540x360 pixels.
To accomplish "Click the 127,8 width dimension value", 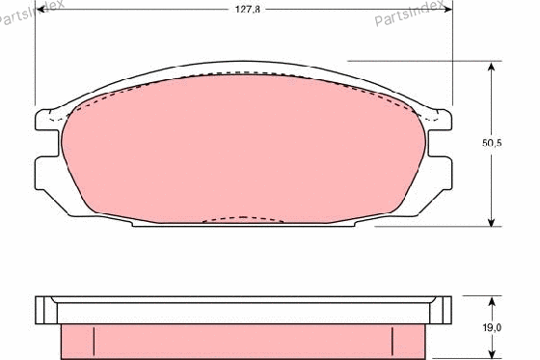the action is click(x=247, y=10).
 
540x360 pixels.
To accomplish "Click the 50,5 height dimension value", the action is click(x=492, y=143).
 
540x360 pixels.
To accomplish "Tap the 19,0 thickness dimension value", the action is click(x=492, y=327).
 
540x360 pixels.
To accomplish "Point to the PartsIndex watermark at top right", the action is click(x=409, y=13).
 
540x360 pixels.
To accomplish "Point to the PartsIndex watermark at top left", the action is click(x=31, y=11).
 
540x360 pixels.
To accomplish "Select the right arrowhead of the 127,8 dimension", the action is click(x=446, y=10).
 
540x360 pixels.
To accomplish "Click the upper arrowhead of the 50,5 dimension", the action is click(x=492, y=68).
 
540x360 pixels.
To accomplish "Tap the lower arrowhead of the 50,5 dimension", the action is click(x=492, y=221).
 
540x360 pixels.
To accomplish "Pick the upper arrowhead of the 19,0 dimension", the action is click(x=492, y=302).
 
